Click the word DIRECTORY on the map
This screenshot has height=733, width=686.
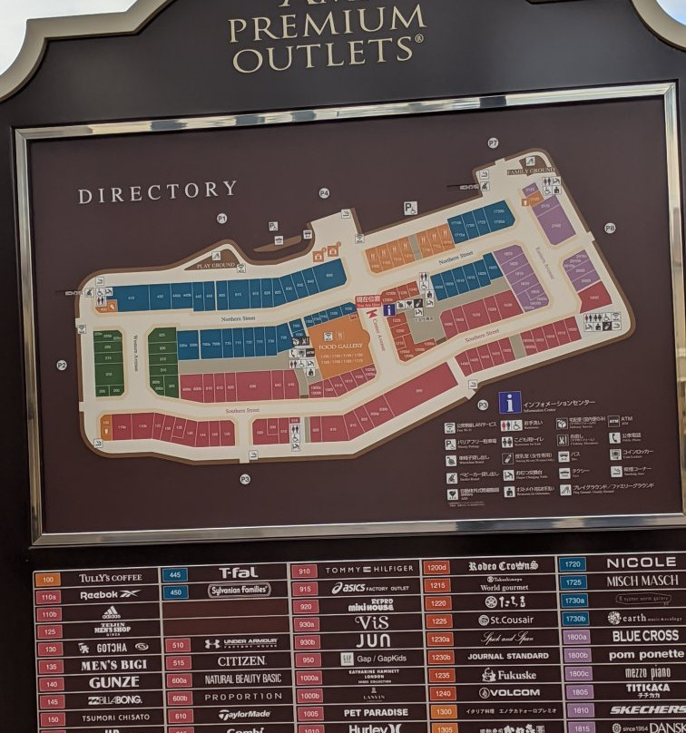[x=157, y=192]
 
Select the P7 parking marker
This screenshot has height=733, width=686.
[x=493, y=142]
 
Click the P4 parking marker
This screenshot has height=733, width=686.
[x=324, y=192]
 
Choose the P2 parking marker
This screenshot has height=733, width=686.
[x=62, y=365]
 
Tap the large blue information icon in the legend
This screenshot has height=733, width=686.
[x=510, y=402]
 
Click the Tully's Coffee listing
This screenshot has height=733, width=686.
[x=111, y=578]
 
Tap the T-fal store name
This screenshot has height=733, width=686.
[x=239, y=572]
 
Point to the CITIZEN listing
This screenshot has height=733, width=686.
[x=241, y=661]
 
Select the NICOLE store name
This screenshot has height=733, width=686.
[x=641, y=562]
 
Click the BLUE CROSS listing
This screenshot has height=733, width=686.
[x=644, y=636]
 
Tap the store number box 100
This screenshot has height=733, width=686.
[x=47, y=579]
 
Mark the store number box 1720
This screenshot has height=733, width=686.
[x=573, y=564]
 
